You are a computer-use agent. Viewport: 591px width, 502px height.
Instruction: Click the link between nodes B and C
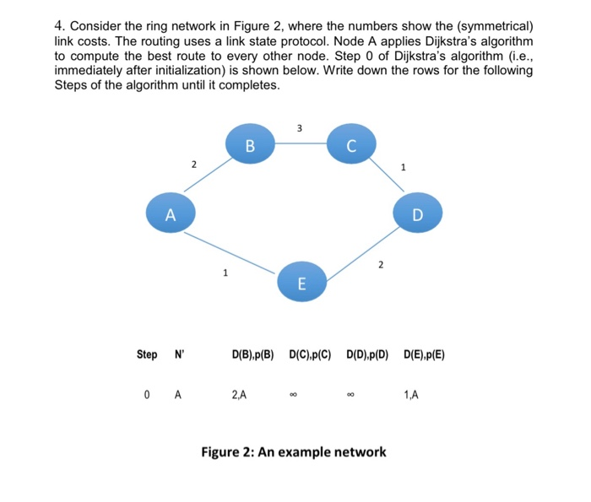click(x=299, y=144)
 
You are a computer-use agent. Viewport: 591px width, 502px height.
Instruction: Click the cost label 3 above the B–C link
click(x=300, y=127)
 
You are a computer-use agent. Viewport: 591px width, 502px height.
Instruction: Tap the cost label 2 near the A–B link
click(x=193, y=164)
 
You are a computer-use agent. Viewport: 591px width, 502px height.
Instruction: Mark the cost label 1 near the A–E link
click(x=225, y=273)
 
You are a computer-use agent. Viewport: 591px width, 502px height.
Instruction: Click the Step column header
click(x=147, y=355)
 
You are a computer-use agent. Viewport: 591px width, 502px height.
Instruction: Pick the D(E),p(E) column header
click(x=425, y=355)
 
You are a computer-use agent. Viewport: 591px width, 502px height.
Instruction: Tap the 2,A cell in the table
click(x=239, y=394)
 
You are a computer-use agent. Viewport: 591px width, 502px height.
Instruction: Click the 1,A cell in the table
click(x=412, y=394)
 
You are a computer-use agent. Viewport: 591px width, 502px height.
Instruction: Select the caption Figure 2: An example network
click(x=294, y=452)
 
